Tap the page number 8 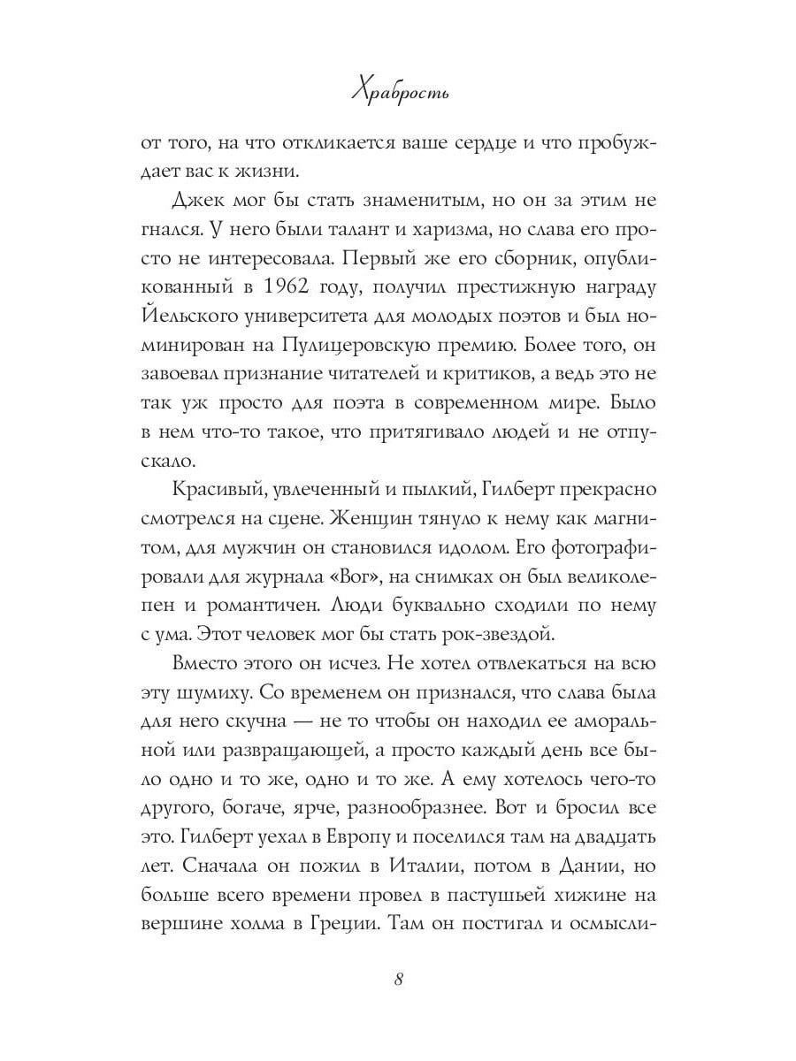[x=398, y=979]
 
